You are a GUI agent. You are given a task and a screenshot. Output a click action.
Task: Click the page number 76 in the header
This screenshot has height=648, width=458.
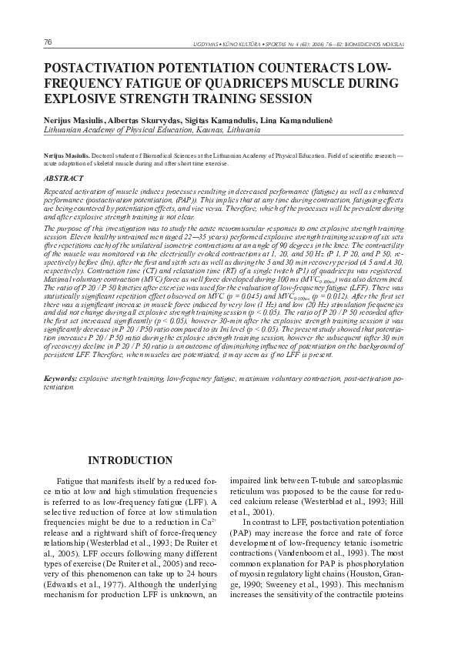27,42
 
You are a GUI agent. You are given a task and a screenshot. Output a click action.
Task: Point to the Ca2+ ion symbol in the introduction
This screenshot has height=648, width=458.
208,530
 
